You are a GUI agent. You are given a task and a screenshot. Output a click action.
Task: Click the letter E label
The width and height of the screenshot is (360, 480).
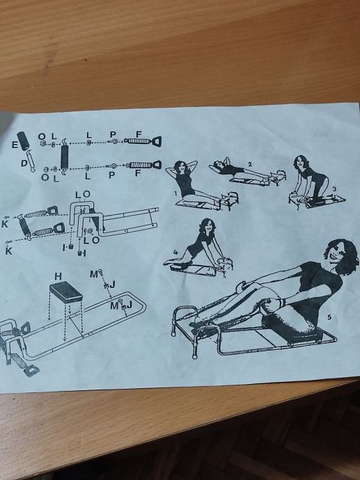pos(15,145)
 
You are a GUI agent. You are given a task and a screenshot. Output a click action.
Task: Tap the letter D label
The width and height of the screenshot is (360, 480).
pos(24,163)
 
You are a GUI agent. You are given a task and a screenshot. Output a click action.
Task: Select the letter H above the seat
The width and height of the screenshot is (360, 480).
pos(58,276)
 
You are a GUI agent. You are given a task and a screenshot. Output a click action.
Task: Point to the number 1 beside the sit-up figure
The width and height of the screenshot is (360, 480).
pos(175,193)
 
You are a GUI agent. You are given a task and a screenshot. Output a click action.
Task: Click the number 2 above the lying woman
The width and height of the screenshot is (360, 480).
pos(250,164)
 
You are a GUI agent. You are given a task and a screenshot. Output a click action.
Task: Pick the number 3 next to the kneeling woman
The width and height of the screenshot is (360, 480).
pos(334,189)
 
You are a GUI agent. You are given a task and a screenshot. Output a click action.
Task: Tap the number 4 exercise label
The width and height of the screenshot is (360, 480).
pos(175,253)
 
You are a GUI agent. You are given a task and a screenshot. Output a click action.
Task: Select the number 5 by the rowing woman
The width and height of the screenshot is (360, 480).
pos(329,317)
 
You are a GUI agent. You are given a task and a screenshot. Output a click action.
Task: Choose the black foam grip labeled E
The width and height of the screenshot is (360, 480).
pos(23,141)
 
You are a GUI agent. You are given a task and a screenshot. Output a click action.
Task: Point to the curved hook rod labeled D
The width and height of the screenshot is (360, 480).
pos(31,161)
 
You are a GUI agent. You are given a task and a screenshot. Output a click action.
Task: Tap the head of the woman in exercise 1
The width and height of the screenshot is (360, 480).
pos(180,168)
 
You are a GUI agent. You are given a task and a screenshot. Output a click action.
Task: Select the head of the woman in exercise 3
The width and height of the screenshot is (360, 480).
pos(299,163)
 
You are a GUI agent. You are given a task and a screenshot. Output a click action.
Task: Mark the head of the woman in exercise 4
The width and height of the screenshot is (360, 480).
pos(207,227)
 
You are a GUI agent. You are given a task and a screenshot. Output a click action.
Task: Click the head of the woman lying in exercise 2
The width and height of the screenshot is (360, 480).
pos(219,163)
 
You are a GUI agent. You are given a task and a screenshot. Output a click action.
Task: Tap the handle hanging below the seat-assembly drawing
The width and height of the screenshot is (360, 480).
pos(31,370)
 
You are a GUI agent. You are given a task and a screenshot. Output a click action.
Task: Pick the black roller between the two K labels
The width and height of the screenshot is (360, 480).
pos(24,227)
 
